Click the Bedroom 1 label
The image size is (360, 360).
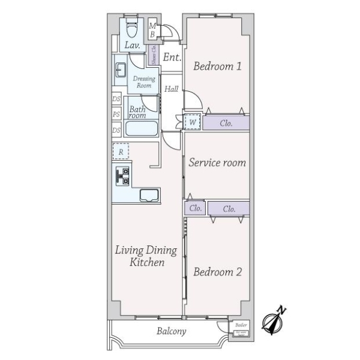coord(217,67)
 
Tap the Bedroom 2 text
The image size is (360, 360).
coord(217,272)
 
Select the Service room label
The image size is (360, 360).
coord(217,163)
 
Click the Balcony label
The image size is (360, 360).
coord(172,331)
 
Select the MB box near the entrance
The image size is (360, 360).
coord(152,30)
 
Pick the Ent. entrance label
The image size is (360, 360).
coord(172,58)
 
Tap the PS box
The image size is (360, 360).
coord(116,113)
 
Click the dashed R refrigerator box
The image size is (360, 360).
coord(121,152)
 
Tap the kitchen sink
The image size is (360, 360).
coord(149,195)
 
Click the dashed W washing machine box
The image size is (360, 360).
coord(192,122)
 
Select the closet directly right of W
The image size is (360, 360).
coord(226,124)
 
